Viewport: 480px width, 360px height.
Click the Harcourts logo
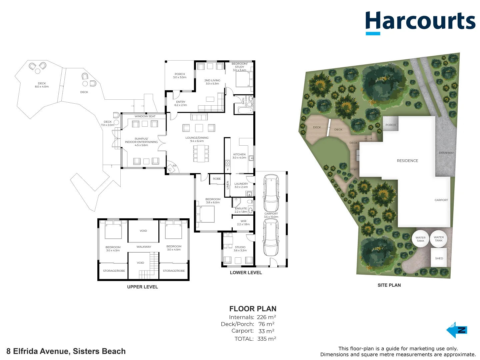(420, 22)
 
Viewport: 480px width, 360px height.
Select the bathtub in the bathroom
(244, 110)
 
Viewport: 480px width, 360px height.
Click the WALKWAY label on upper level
(144, 247)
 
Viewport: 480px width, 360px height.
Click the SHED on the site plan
(439, 258)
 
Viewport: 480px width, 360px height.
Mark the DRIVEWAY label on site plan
(446, 153)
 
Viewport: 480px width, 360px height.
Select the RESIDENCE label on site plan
(407, 161)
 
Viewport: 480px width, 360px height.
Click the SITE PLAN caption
(389, 285)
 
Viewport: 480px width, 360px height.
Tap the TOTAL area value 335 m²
(267, 339)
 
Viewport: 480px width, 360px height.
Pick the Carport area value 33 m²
(266, 331)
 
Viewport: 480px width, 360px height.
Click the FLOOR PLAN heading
(253, 309)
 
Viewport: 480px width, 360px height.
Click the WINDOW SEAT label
(145, 116)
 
